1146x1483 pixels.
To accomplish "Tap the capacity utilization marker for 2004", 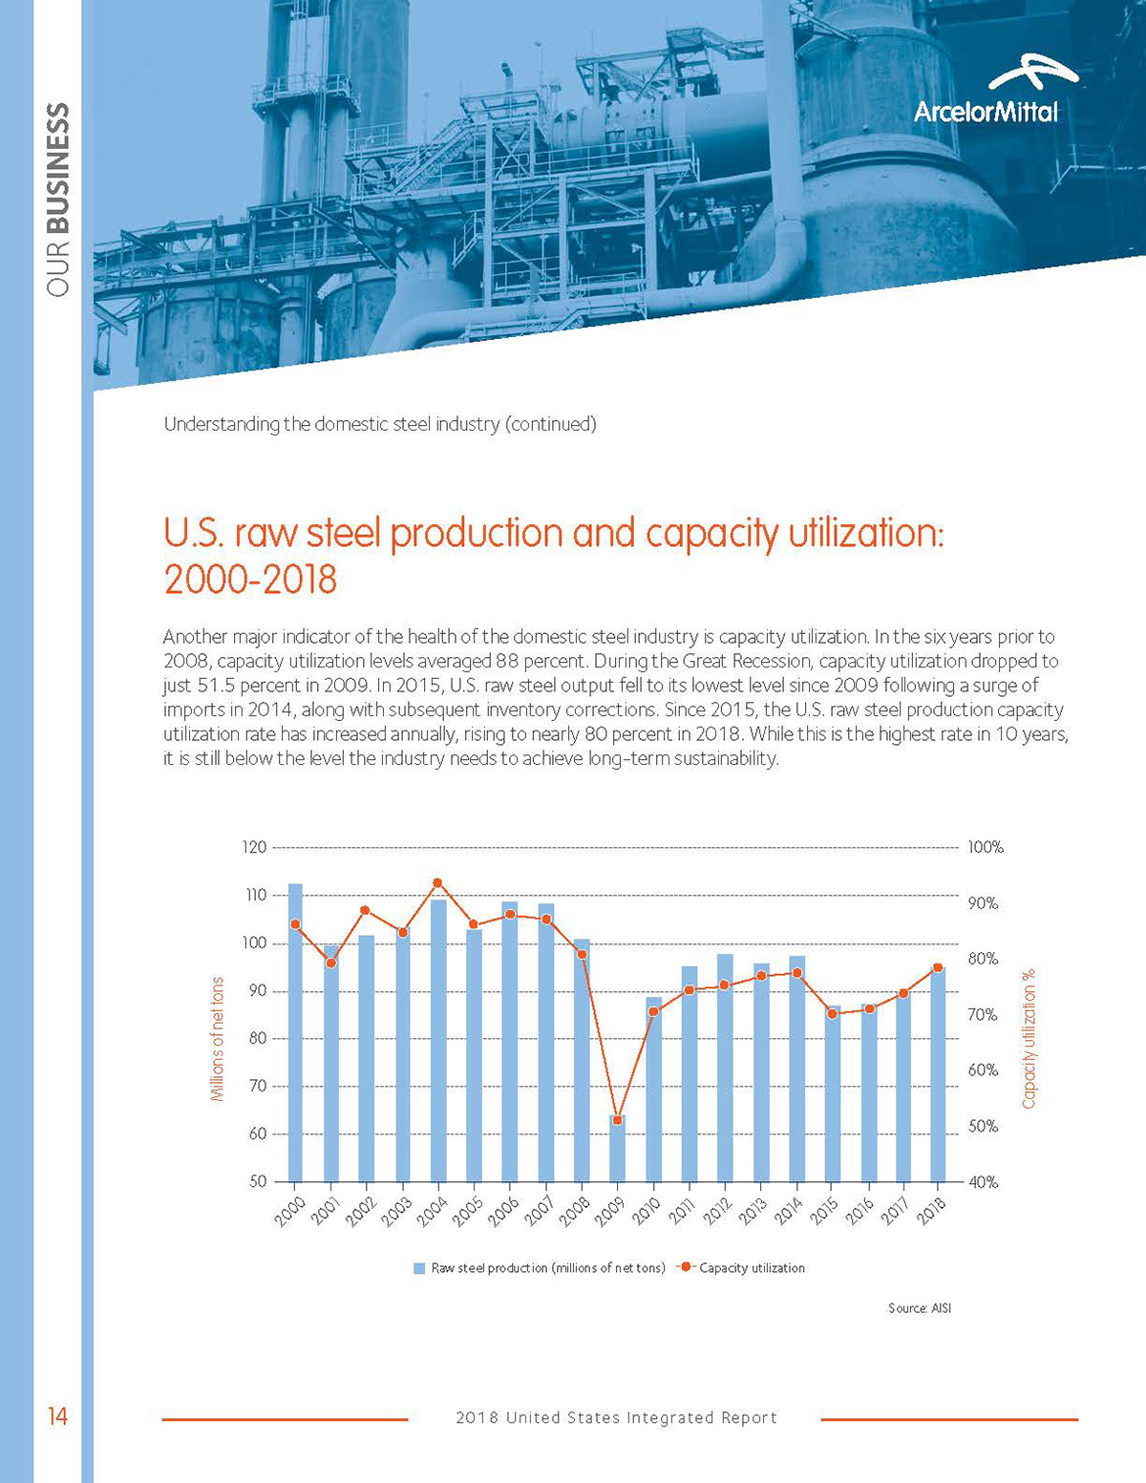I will click(437, 883).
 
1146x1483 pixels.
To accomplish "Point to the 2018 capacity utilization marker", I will click(938, 968).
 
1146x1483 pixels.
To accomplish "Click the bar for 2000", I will click(295, 1031).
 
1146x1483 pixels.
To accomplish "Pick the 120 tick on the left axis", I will click(254, 847).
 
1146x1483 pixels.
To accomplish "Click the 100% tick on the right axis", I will click(986, 848).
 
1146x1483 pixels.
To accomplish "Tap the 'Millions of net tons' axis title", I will click(218, 1039).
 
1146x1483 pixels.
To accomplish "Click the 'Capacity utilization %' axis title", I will click(1029, 1039).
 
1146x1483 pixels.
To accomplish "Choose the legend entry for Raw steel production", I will click(540, 1268).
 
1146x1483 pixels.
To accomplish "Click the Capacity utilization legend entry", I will click(741, 1268).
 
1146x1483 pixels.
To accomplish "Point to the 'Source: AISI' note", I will click(920, 1308).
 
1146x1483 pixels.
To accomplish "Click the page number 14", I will click(58, 1417).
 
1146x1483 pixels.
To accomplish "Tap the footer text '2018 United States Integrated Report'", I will click(617, 1418).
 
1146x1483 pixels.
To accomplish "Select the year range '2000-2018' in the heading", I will click(250, 580).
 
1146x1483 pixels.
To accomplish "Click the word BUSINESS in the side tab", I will click(58, 168).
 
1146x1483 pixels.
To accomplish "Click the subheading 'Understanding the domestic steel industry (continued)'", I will click(380, 424).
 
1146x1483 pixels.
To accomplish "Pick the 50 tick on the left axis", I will click(257, 1182).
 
